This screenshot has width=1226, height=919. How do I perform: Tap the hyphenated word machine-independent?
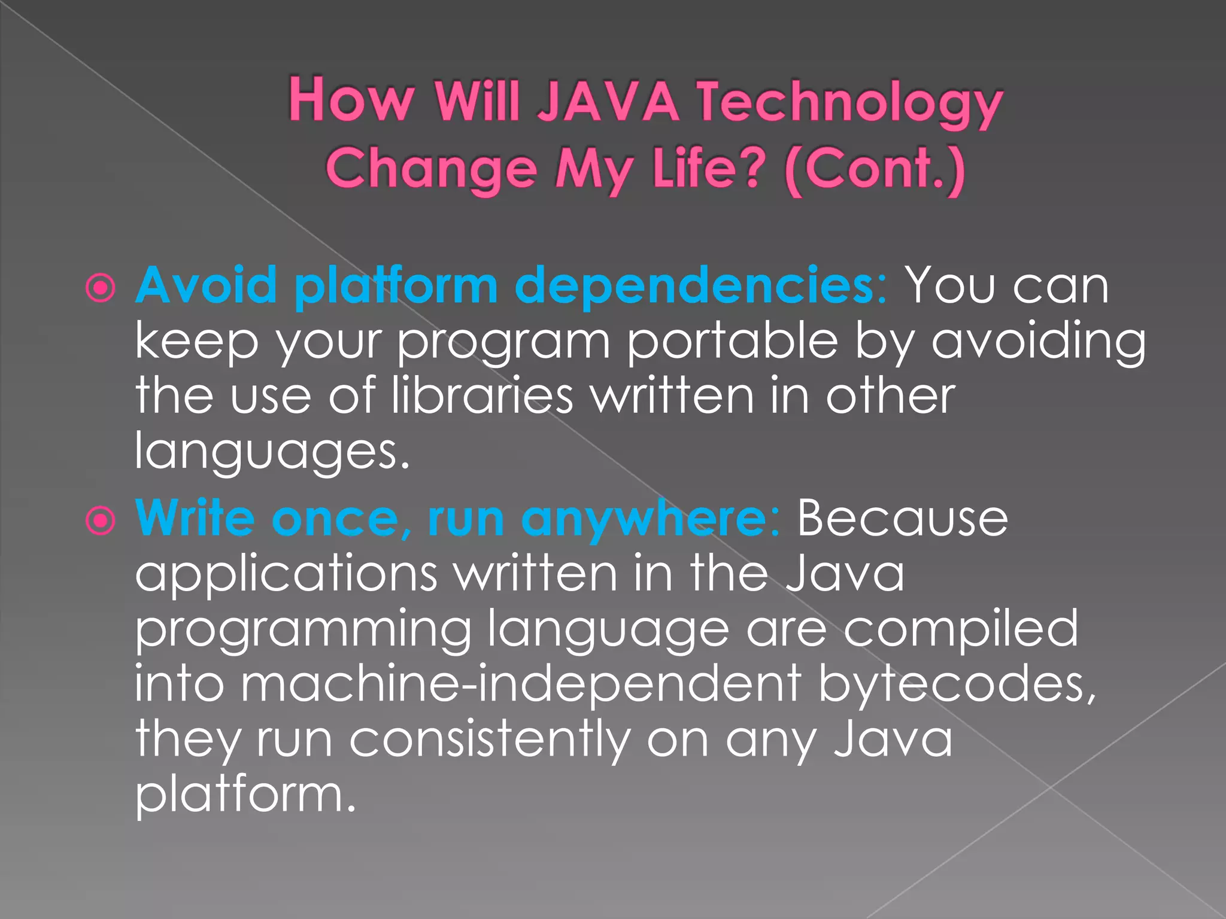[x=468, y=683]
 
